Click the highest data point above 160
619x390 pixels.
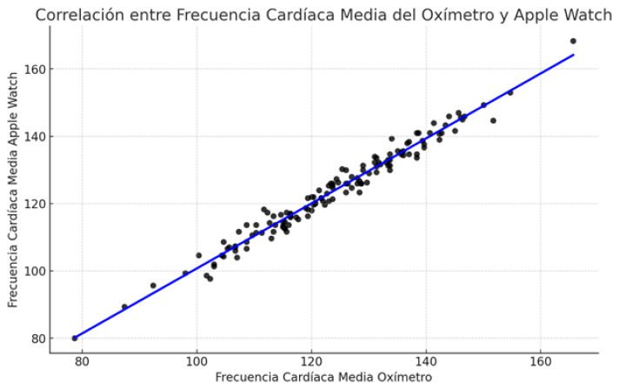(x=573, y=41)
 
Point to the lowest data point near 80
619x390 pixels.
(x=75, y=338)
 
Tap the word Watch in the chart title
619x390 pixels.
(x=589, y=15)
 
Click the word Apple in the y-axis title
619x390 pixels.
(x=13, y=138)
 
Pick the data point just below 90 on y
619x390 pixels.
(x=124, y=306)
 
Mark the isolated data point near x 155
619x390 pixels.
(x=510, y=92)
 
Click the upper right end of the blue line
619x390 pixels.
(x=573, y=55)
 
